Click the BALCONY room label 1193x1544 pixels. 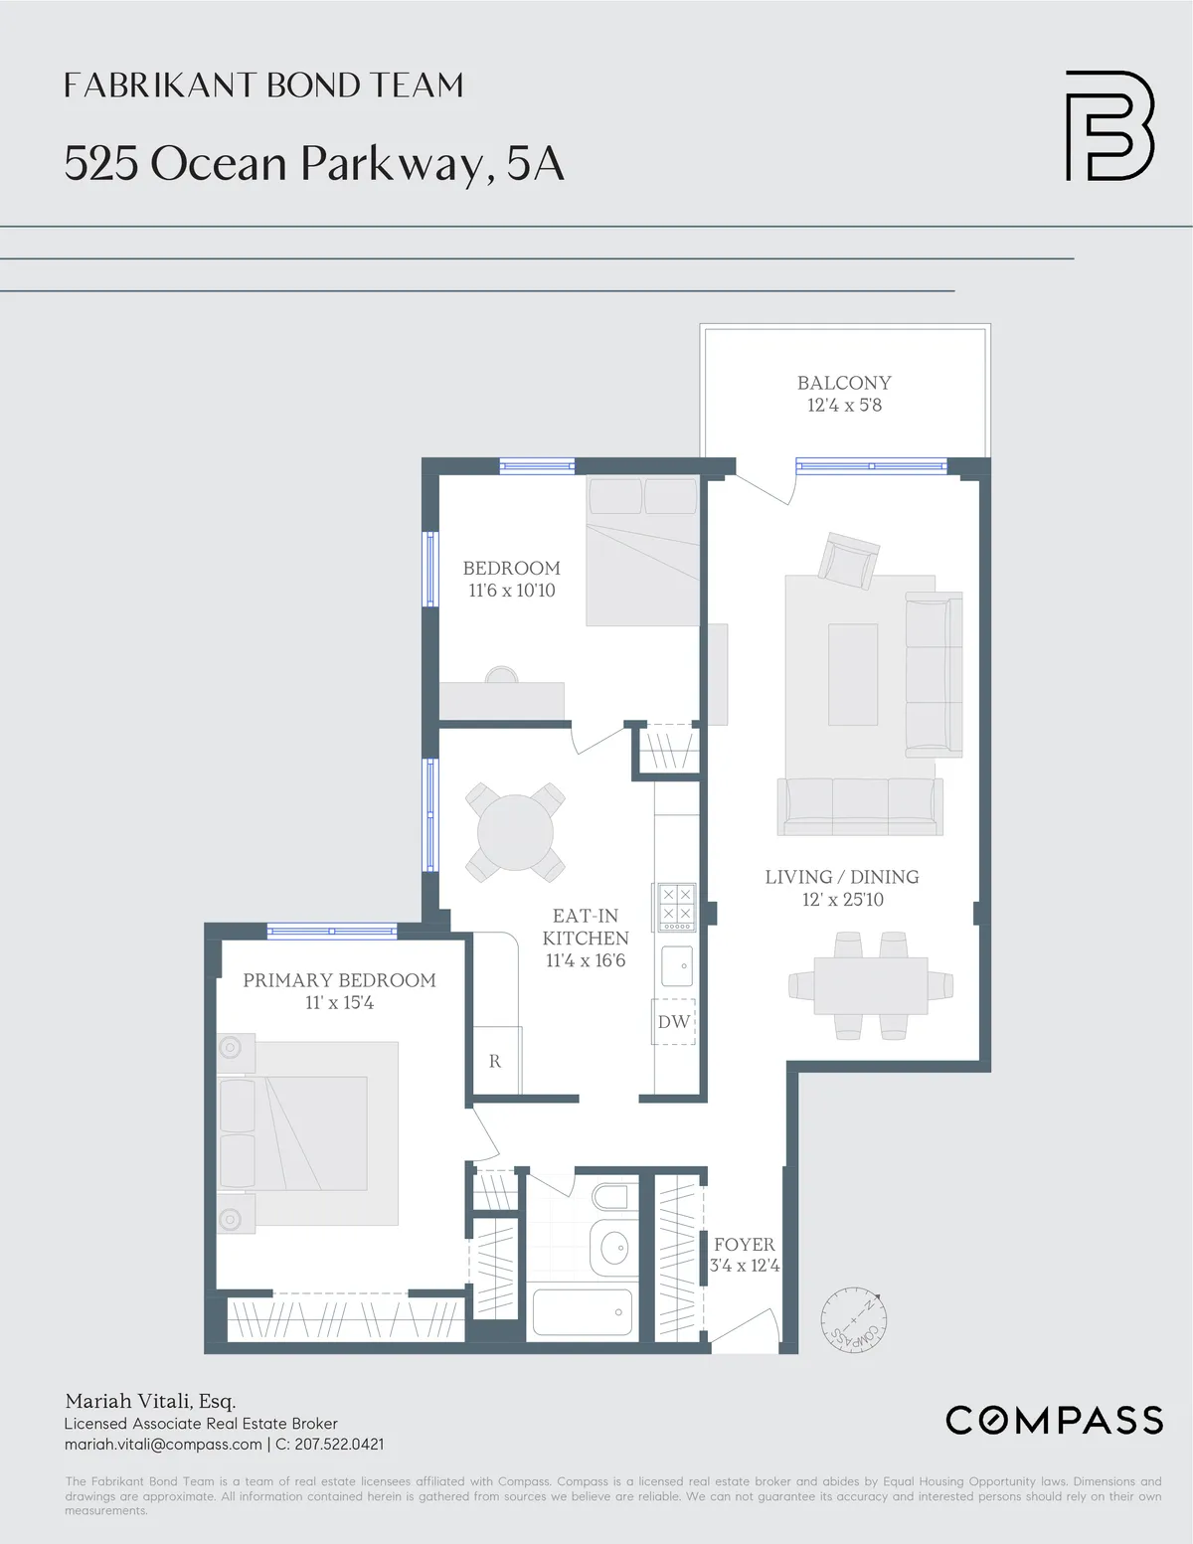click(844, 383)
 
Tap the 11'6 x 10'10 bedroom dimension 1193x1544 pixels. click(512, 591)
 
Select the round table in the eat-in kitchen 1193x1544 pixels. click(515, 832)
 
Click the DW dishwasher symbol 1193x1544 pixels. click(673, 1022)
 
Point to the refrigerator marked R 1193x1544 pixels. click(495, 1061)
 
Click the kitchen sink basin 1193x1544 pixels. click(677, 965)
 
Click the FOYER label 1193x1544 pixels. click(744, 1245)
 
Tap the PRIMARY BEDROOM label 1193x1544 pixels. click(339, 980)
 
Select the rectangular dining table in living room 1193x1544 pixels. click(870, 985)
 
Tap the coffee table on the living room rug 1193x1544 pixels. click(853, 675)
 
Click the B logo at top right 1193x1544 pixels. click(1109, 125)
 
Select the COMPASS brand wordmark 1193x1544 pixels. click(1054, 1420)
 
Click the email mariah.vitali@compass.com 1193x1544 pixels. click(163, 1445)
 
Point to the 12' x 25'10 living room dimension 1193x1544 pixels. click(842, 900)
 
